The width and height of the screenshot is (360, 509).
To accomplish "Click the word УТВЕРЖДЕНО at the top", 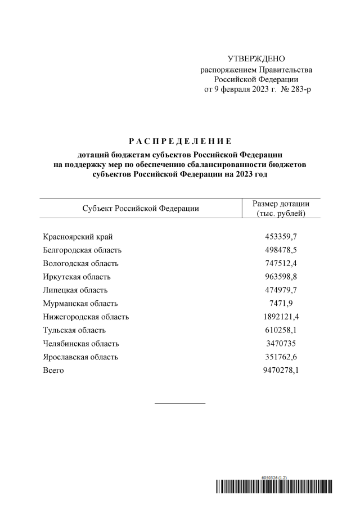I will [x=256, y=59].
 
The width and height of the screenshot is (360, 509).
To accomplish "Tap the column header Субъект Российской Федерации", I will [x=141, y=208].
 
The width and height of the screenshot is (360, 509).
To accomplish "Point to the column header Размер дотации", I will [x=280, y=204].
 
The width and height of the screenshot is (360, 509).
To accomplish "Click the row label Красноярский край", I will [x=82, y=237].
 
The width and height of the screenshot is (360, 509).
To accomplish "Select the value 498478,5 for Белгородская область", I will [x=281, y=250].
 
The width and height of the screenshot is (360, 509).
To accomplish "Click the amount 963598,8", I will [x=281, y=277].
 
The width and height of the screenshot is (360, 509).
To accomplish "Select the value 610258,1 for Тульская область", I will [x=281, y=330].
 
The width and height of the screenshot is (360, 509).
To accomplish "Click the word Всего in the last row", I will [x=53, y=371].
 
